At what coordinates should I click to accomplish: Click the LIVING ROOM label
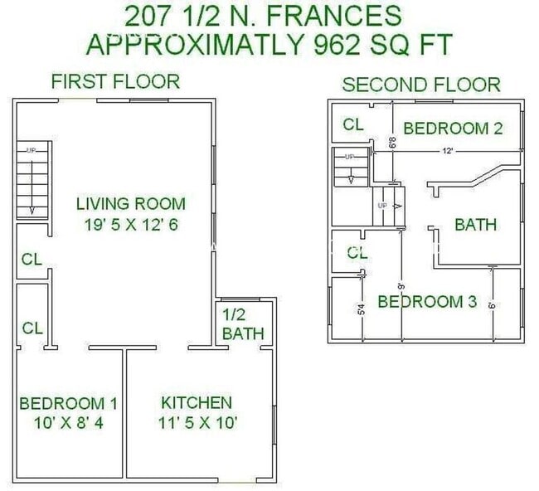(x=130, y=203)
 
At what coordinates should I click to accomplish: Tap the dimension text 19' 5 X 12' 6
(x=130, y=224)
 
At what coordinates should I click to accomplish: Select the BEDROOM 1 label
(x=68, y=403)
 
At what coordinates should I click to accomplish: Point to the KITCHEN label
(x=197, y=402)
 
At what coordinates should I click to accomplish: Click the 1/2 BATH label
(x=243, y=324)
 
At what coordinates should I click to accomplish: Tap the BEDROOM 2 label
(x=454, y=128)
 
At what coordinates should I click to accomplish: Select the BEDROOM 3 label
(x=427, y=301)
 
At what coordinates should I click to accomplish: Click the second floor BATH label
(x=476, y=224)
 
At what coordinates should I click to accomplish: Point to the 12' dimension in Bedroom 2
(x=447, y=151)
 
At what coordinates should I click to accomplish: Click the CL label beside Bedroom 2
(x=354, y=125)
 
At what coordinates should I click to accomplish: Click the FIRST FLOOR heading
(x=115, y=81)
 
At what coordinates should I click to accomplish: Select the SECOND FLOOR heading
(x=421, y=84)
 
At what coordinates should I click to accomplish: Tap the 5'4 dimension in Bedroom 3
(x=362, y=311)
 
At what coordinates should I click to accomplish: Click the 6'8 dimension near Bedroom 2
(x=391, y=143)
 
